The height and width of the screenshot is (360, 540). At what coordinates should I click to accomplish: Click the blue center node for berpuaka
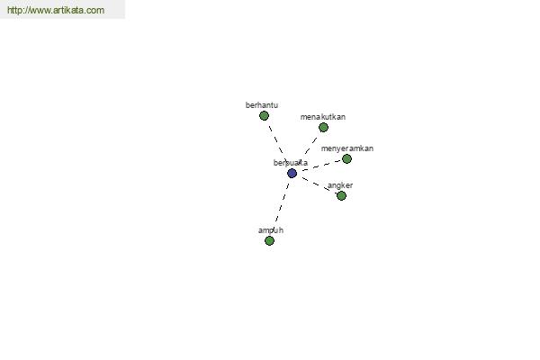pos(292,173)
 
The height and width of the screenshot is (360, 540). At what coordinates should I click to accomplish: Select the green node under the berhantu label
pos(264,115)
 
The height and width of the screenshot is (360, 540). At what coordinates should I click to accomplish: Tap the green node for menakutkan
pos(323,127)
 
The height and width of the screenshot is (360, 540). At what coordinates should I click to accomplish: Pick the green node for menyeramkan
pos(346,158)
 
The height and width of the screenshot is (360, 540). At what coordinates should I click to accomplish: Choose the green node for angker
pos(341,195)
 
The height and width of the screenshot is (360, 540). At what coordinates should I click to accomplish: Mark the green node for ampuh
pos(269,240)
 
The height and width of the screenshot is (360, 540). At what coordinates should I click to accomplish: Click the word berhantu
pos(262,105)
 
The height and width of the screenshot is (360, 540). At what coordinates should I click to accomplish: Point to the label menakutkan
pos(323,117)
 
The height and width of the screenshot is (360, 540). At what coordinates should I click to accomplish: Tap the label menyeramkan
pos(346,148)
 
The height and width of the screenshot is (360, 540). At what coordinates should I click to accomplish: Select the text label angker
pos(340,185)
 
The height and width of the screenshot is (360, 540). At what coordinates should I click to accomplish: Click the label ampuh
pos(271,230)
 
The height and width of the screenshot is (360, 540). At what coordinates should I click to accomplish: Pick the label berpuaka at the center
pos(290,163)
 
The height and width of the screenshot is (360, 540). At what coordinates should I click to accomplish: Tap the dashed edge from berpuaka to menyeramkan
pos(321,165)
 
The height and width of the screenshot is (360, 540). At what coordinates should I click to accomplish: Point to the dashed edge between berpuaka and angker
pos(318,184)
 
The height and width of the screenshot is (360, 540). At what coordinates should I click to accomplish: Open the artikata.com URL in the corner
pos(56,11)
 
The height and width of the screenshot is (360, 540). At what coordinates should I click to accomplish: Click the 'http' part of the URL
pos(16,11)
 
